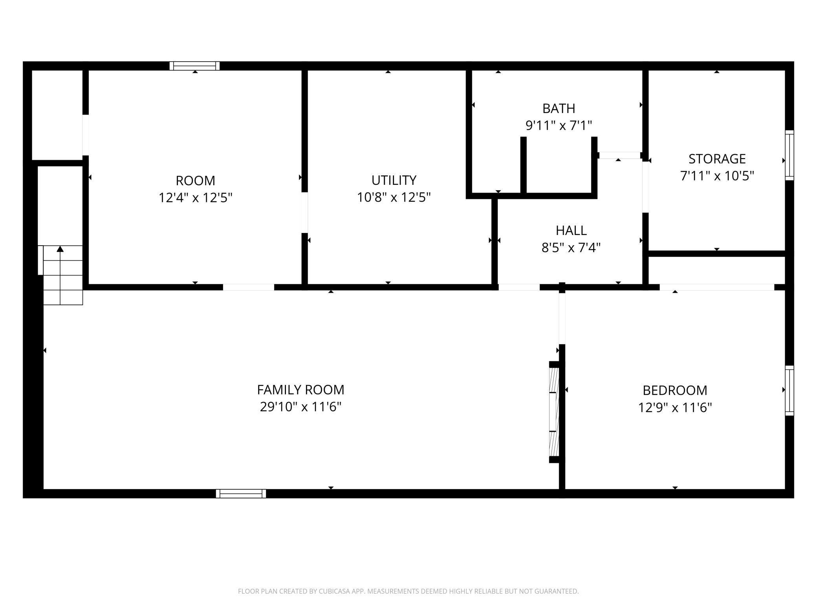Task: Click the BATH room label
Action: [x=559, y=108]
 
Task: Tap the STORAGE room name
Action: [x=717, y=159]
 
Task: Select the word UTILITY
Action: [x=394, y=180]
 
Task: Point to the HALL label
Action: [x=571, y=230]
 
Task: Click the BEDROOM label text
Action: [x=675, y=390]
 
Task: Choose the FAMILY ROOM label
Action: [x=300, y=390]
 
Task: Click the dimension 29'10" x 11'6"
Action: [x=300, y=407]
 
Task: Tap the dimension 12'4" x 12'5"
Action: [x=195, y=197]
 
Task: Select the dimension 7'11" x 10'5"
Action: [x=717, y=176]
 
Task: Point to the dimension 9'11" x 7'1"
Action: [x=559, y=126]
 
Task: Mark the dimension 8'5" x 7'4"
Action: [x=571, y=248]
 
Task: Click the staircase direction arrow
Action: [x=60, y=249]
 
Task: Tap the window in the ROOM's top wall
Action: [x=194, y=66]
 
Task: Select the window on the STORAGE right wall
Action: [x=789, y=155]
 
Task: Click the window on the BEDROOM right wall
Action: [x=789, y=390]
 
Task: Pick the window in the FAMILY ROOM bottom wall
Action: [x=241, y=494]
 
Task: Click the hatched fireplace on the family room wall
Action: [x=553, y=412]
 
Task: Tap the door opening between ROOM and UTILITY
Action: [x=304, y=212]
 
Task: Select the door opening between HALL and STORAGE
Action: [x=645, y=187]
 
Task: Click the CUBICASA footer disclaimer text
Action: [x=408, y=591]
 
